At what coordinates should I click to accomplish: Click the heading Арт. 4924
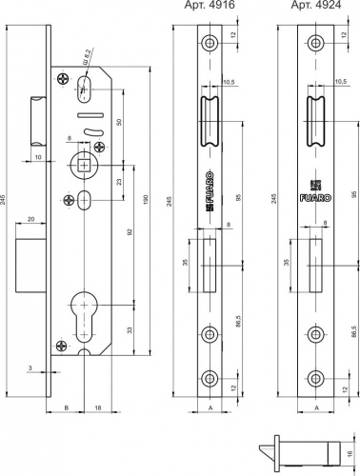point(313,6)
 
